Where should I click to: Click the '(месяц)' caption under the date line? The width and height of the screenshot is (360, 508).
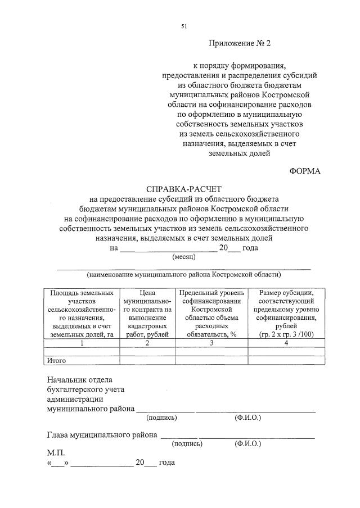(183, 257)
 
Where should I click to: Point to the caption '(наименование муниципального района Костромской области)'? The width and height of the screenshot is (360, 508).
(183, 275)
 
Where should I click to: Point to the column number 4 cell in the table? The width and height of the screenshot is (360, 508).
(285, 343)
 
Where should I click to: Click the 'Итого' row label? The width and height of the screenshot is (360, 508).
(57, 360)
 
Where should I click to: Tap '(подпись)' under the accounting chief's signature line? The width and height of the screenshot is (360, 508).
(161, 418)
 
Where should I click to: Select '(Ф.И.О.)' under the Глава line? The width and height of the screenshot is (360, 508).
(247, 443)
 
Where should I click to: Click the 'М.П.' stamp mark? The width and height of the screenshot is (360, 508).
(56, 452)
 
